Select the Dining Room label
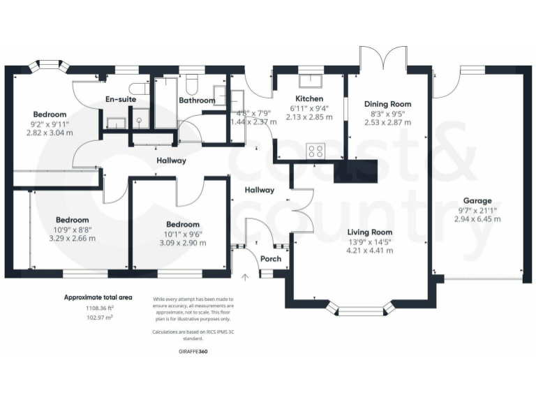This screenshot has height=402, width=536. [388, 103]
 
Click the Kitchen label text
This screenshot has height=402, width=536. [308, 98]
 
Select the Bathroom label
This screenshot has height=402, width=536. [197, 100]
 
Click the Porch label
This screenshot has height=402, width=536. [271, 259]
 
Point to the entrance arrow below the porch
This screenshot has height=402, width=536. [245, 278]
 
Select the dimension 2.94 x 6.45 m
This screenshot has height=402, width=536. [479, 218]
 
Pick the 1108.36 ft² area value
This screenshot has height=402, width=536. [99, 308]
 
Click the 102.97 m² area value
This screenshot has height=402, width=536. [99, 317]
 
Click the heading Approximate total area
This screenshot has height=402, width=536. [99, 297]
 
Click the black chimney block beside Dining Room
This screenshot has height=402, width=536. [355, 172]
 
